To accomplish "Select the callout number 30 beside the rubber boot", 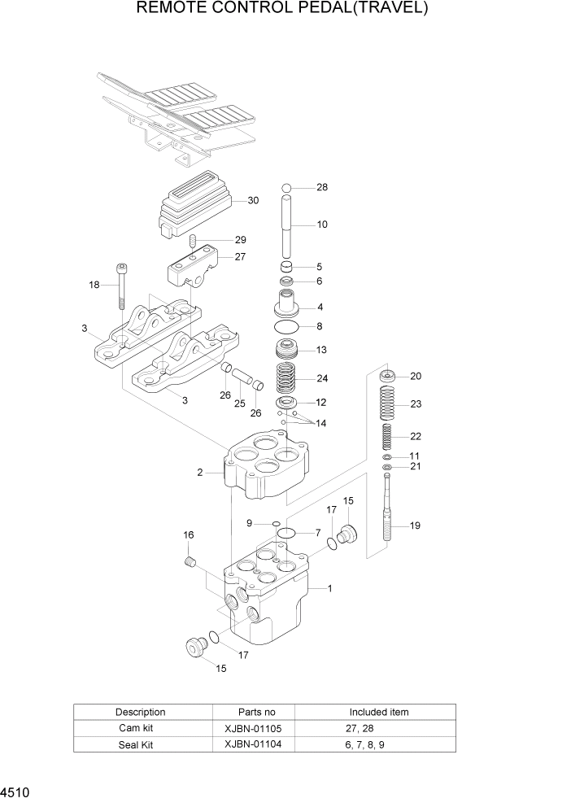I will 253,200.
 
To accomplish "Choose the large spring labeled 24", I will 287,379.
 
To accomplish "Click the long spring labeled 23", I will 389,404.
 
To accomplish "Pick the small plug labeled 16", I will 192,561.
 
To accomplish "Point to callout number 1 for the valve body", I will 329,587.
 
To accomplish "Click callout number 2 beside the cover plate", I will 199,472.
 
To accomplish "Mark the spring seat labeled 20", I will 389,376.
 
